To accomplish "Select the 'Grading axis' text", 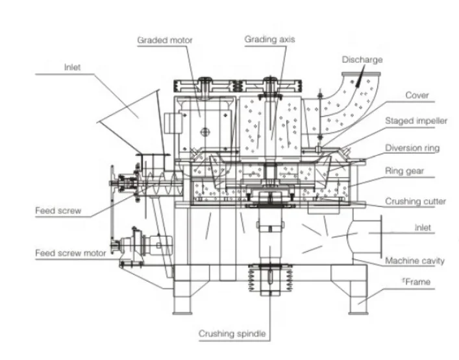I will point(269,39).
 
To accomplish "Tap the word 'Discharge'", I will point(362,60).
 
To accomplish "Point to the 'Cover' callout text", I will point(417,95).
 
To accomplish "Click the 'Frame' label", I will point(416,282).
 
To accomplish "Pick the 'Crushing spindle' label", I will point(231,334).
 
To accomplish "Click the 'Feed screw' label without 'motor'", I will point(55,210).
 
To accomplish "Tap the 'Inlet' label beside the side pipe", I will point(423,228).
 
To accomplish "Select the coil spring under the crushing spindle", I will point(267,280).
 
